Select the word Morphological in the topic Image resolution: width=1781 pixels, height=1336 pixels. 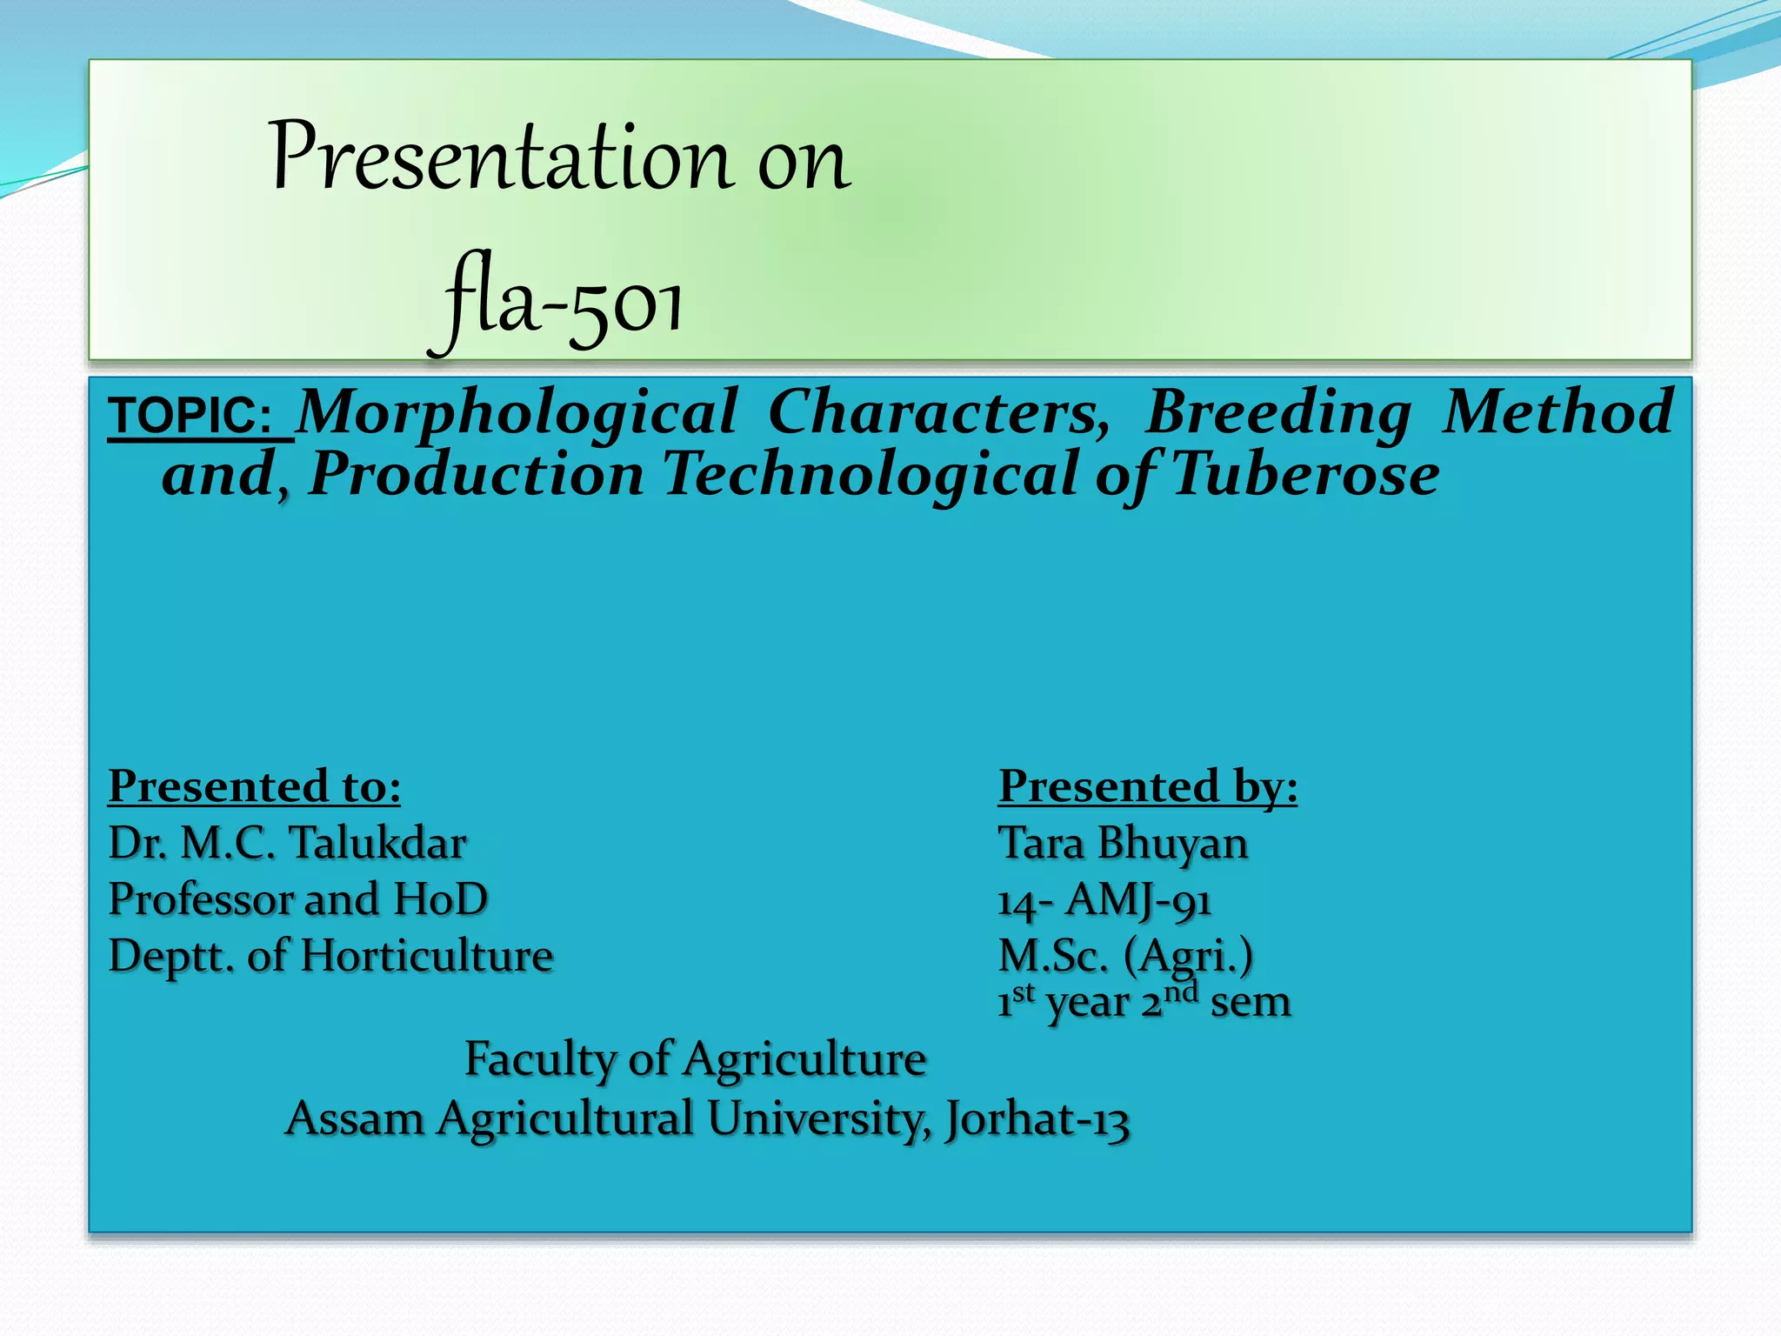[517, 412]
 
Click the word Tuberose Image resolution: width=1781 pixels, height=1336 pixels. [1304, 475]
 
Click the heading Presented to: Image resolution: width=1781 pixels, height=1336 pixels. [254, 786]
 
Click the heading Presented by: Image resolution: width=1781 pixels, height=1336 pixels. [1147, 786]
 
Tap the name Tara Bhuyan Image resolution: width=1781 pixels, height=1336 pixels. [1122, 843]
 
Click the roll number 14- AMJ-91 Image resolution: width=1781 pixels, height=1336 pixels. [1104, 900]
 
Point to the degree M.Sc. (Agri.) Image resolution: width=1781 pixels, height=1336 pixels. [1125, 956]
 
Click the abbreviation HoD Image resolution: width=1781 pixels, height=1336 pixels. [440, 899]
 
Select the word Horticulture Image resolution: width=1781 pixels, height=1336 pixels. [426, 956]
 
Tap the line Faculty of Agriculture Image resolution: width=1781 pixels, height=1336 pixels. [695, 1059]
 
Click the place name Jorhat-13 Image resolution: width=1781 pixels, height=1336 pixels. [1037, 1119]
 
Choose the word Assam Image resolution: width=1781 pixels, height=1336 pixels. [354, 1119]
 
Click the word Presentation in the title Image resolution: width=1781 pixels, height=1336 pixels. [501, 158]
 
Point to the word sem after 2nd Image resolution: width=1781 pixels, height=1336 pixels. [1250, 1002]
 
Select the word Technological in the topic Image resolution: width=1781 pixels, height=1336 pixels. [869, 475]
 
